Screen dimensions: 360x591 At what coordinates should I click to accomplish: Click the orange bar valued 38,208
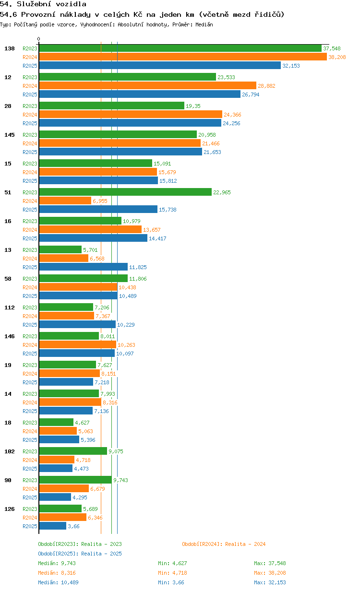(183, 57)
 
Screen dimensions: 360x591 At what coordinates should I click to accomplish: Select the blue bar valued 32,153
(160, 65)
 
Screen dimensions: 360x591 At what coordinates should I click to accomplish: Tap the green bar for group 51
(125, 192)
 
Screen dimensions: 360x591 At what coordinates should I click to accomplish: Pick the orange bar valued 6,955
(65, 201)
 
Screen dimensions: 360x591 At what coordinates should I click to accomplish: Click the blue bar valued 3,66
(53, 526)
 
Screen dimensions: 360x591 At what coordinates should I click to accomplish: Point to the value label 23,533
(226, 77)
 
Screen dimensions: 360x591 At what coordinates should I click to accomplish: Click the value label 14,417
(157, 238)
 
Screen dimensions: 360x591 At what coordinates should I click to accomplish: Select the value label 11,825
(138, 267)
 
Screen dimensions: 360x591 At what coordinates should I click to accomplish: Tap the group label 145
(10, 135)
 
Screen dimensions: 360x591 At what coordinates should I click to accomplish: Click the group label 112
(10, 307)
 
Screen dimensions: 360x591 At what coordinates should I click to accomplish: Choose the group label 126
(10, 509)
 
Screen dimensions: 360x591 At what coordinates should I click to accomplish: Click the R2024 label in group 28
(30, 115)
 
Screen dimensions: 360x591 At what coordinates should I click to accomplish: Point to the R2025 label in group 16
(30, 238)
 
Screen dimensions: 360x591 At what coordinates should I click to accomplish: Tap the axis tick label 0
(38, 39)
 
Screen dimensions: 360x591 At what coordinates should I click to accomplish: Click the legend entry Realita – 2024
(224, 544)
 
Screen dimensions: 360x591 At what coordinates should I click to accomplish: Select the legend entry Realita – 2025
(80, 554)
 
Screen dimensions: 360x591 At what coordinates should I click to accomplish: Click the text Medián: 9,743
(57, 563)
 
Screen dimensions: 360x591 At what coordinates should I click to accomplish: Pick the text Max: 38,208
(270, 573)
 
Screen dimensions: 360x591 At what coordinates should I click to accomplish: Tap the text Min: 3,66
(171, 582)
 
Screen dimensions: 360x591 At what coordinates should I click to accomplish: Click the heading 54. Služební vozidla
(43, 4)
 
